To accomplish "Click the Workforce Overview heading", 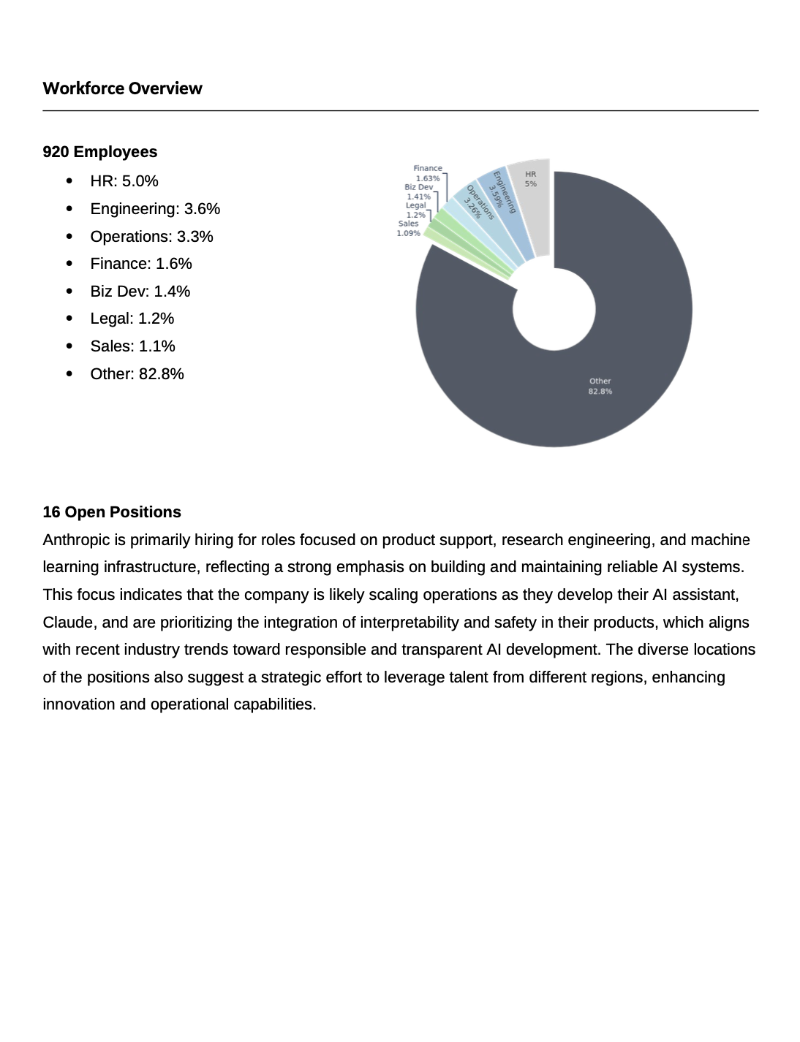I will pos(122,88).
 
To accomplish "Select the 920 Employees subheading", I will pos(100,152).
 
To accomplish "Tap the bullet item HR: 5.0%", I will pos(124,181).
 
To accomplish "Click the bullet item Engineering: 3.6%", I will pos(155,209).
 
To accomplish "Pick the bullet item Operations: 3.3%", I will pos(151,237).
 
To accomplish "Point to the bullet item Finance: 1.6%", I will pos(141,264).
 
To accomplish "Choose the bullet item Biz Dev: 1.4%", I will pos(140,292).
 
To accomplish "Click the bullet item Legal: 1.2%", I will pos(132,319).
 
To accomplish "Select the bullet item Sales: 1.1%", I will pos(132,346).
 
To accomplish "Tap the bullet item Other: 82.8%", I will pos(137,374).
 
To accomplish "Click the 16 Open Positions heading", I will pos(112,512).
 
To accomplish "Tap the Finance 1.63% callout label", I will pos(428,173).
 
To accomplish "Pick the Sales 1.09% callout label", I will pos(409,229).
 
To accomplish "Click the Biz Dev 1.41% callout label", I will pos(419,192).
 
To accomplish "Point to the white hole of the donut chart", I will pos(554,309).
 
